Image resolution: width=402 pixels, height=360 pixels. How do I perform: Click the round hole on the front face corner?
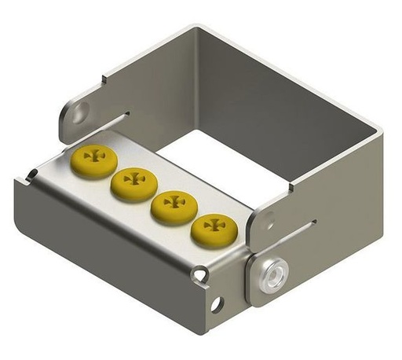pyautogui.click(x=216, y=303)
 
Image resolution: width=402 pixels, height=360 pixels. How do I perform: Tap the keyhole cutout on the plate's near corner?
pyautogui.click(x=202, y=274)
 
